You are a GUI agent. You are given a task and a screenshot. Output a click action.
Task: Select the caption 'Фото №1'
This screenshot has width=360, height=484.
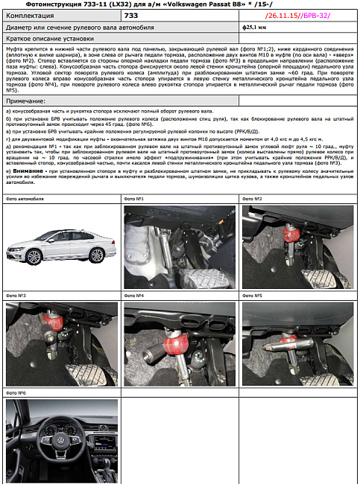point(133,200)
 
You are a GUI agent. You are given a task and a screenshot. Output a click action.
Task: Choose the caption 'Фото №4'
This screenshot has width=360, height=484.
point(133,296)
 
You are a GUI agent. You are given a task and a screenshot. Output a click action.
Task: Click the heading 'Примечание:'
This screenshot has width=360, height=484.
point(25,100)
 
